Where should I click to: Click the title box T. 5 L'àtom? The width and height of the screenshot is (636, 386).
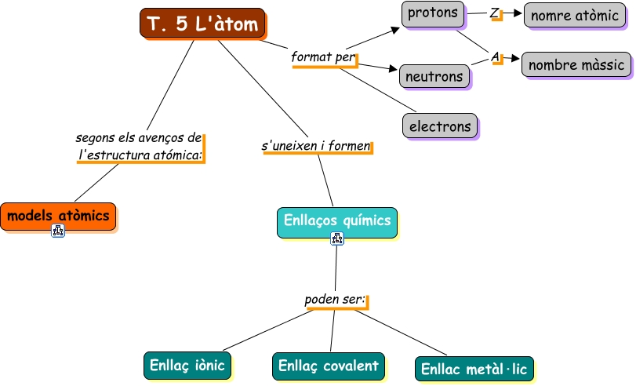click(202, 23)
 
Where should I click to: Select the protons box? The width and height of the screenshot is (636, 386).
click(433, 14)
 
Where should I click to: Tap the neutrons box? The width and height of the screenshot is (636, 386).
click(434, 76)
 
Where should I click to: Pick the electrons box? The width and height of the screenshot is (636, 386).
click(440, 126)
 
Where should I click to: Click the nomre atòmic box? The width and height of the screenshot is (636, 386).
click(575, 16)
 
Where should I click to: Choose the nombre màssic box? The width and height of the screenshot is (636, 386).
click(576, 64)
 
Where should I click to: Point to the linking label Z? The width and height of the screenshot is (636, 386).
click(494, 13)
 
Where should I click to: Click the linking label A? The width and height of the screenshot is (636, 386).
click(496, 56)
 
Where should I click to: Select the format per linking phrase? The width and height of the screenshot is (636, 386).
click(323, 57)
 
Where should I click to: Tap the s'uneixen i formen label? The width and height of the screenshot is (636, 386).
click(316, 146)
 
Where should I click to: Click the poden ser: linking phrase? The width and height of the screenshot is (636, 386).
click(335, 300)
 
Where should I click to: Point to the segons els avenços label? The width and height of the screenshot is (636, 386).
click(139, 146)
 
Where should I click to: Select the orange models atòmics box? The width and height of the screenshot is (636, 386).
click(58, 217)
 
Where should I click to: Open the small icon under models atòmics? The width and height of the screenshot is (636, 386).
click(58, 231)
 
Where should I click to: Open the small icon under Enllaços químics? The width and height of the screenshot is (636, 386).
click(337, 239)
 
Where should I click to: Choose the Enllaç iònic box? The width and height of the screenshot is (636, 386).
click(187, 366)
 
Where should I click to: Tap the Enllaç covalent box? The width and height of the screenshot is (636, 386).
click(329, 366)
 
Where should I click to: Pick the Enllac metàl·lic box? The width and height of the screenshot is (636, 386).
click(474, 369)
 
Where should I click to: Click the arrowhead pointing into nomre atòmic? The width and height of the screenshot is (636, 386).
click(518, 13)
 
